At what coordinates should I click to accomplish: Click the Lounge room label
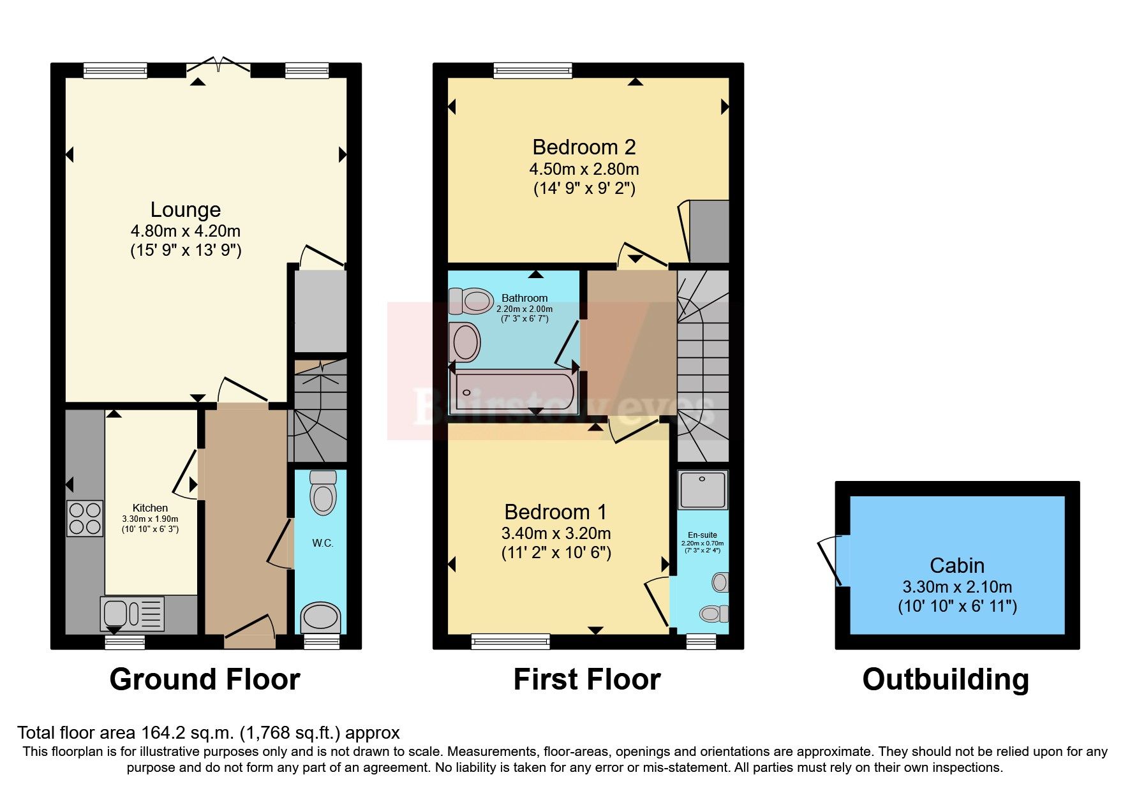tap(186, 210)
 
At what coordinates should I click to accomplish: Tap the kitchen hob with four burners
tap(85, 518)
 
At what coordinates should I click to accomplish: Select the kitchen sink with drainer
tap(132, 613)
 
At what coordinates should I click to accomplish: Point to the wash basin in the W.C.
tap(322, 617)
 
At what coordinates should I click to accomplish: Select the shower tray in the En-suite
tap(703, 490)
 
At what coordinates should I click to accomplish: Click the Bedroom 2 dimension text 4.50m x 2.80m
tap(584, 169)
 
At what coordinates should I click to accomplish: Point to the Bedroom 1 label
tap(555, 512)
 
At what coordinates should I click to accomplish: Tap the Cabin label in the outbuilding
tap(956, 565)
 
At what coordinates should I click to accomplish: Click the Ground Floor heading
tap(205, 679)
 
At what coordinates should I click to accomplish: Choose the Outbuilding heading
tap(946, 679)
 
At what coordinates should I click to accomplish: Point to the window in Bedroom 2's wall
tap(533, 70)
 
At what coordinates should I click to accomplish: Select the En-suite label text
tap(702, 535)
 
